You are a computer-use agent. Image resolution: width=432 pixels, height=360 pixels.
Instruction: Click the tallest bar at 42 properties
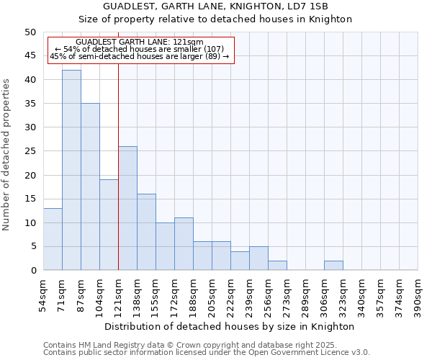tap(71, 170)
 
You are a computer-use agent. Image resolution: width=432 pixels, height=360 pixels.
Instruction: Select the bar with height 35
tap(90, 186)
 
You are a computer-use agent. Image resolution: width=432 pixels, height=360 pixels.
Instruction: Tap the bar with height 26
tap(127, 208)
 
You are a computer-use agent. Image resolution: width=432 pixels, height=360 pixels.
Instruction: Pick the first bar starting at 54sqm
tap(53, 239)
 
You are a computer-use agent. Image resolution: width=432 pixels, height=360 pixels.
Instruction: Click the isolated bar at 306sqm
tap(333, 266)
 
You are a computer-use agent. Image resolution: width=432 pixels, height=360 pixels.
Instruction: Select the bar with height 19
tap(109, 225)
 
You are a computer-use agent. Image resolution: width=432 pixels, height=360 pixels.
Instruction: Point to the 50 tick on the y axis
tap(30, 32)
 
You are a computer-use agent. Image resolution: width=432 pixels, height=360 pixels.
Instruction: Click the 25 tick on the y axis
tap(30, 151)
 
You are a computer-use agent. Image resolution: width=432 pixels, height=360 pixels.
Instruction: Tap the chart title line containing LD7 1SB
tap(230, 6)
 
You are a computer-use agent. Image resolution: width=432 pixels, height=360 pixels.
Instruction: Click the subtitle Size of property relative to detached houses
tap(230, 19)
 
